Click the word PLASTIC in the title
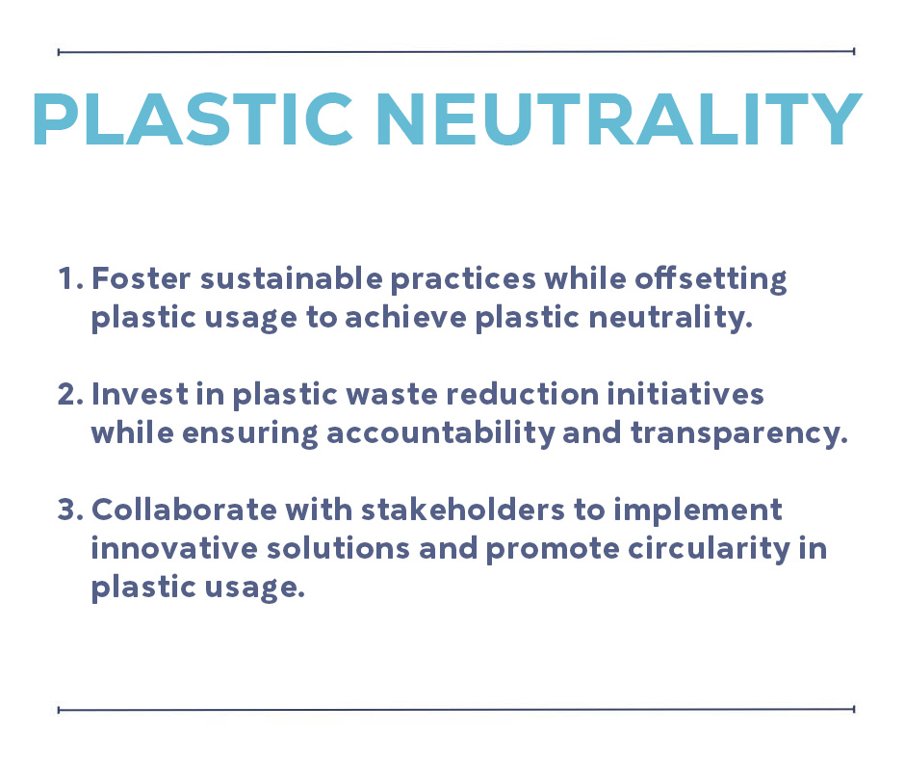coord(194,119)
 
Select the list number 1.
coord(70,278)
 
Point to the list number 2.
coord(70,394)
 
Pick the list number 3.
coord(70,510)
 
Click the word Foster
coord(141,278)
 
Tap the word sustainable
coord(292,278)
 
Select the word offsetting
coord(711,280)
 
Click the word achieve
coord(405,317)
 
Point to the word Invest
coord(141,394)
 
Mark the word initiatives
coord(685,394)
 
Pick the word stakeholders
coord(463,510)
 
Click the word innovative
coord(174,548)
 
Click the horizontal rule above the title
coord(456,52)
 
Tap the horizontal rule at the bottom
coord(456,709)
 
